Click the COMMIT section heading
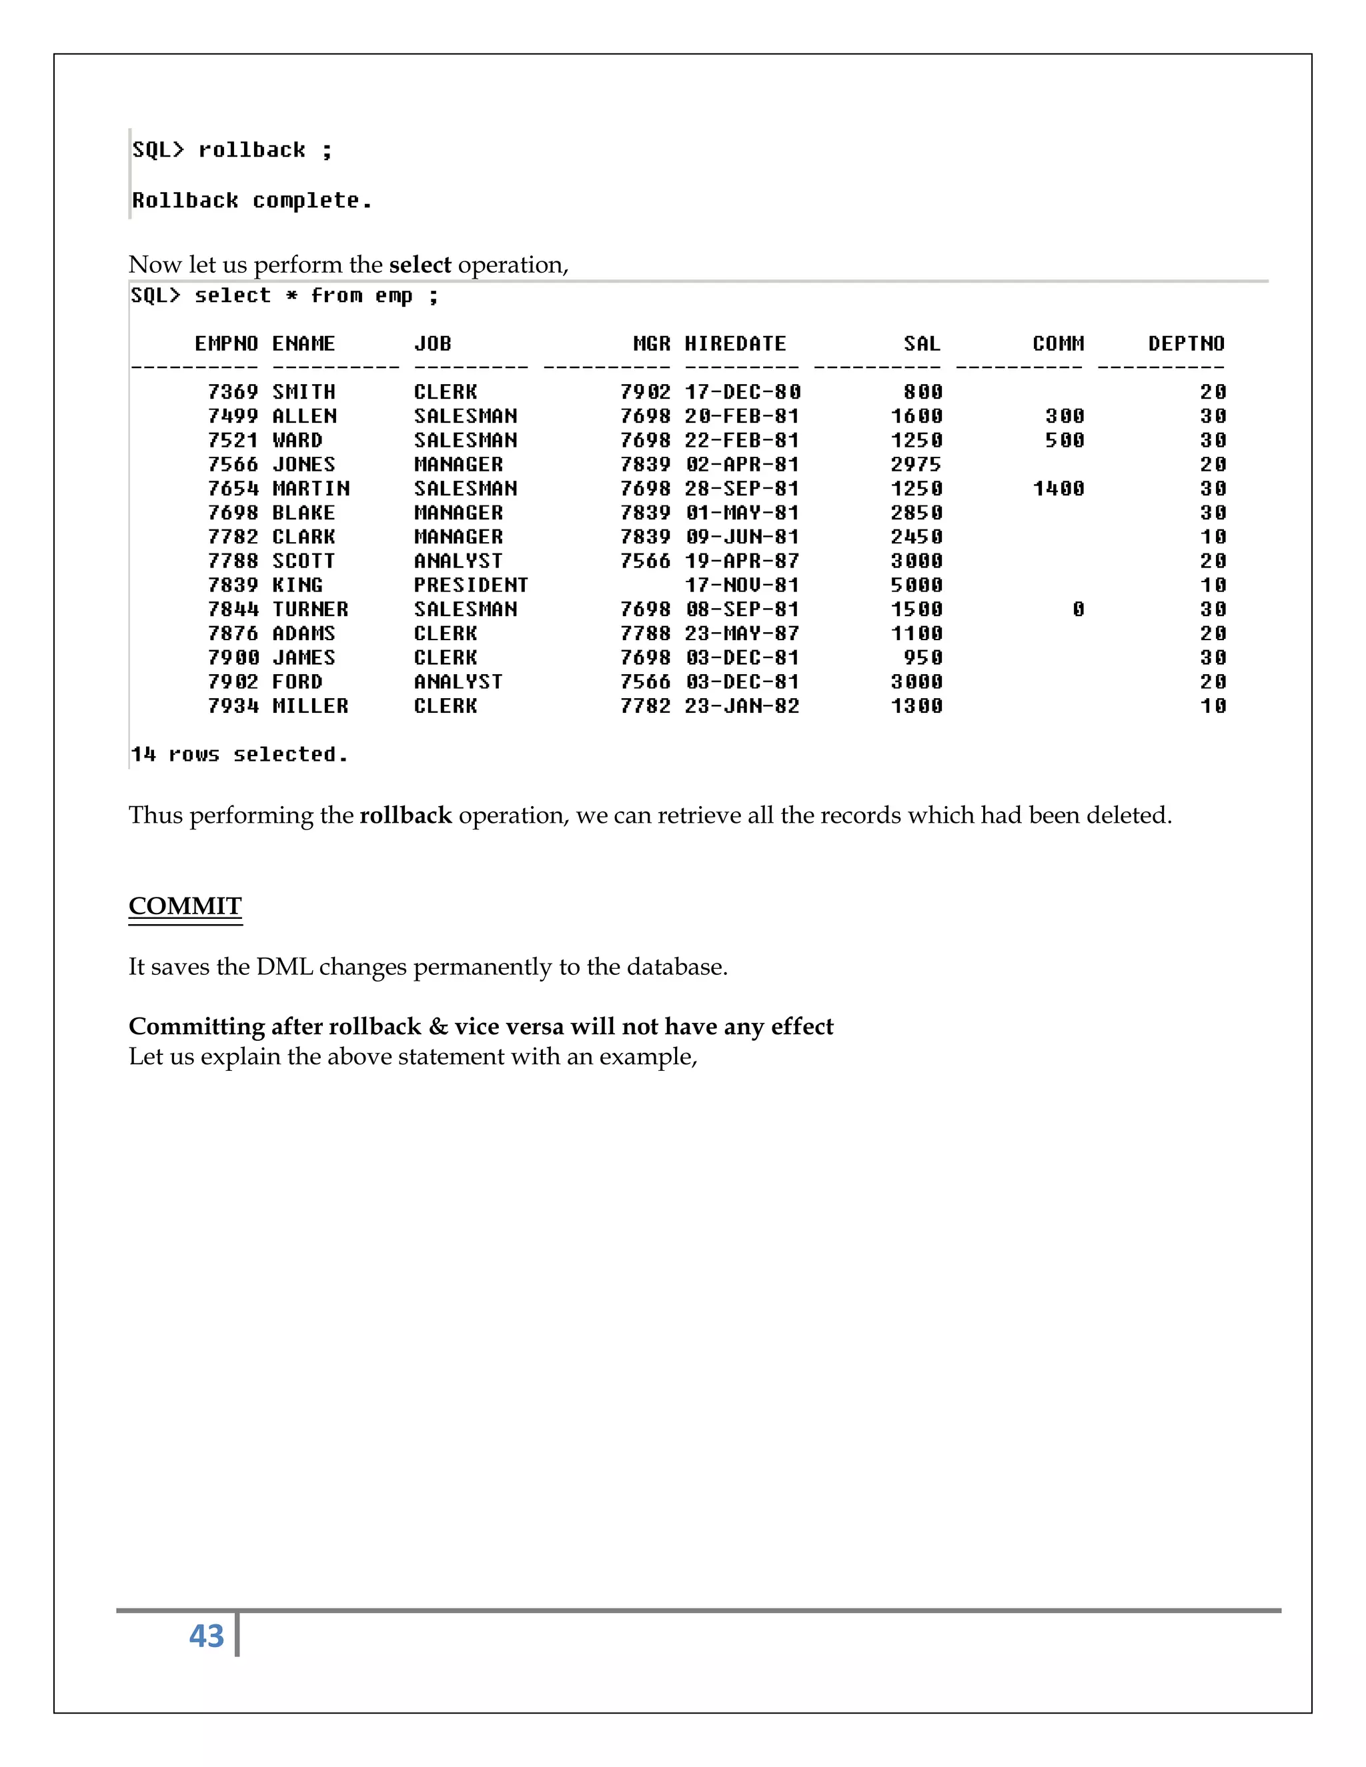185,906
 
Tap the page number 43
206,1636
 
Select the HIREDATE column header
735,344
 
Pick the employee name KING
297,585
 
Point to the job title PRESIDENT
470,585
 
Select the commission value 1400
1058,489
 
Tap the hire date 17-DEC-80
742,392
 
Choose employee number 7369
232,392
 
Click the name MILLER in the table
310,706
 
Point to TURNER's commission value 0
1078,609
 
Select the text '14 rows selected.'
239,755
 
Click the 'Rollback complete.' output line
251,201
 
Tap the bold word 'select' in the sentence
420,265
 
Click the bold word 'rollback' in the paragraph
406,815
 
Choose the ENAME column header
303,344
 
